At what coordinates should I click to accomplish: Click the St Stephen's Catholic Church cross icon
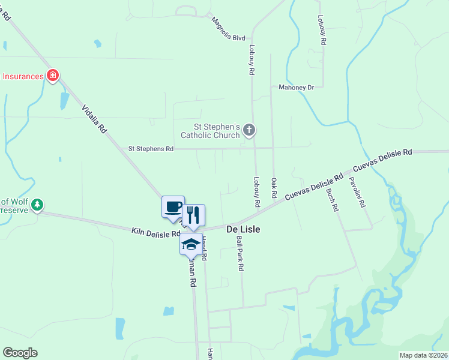[x=250, y=130]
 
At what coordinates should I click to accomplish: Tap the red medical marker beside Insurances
[x=53, y=76]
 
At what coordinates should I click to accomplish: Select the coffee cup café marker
[x=173, y=206]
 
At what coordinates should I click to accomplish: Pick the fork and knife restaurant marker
[x=193, y=214]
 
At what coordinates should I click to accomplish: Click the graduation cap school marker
[x=191, y=244]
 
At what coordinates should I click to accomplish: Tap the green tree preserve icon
[x=38, y=205]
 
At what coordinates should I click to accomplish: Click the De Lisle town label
[x=243, y=229]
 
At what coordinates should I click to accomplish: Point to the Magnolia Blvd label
[x=228, y=28]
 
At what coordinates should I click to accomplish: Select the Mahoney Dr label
[x=296, y=87]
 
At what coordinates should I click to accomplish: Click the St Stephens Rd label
[x=151, y=148]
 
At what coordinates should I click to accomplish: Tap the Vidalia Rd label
[x=94, y=119]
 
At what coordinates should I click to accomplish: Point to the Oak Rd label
[x=274, y=188]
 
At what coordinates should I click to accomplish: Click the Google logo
[x=20, y=353]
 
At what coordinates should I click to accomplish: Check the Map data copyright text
[x=423, y=355]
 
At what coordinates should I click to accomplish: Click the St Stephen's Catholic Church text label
[x=216, y=131]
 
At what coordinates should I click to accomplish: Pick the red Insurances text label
[x=22, y=76]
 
